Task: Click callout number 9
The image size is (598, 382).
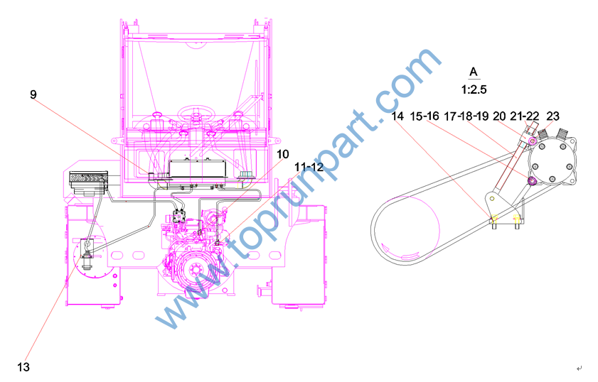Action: coord(33,94)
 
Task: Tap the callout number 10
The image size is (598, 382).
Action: coord(282,154)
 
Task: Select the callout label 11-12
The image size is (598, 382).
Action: coord(309,167)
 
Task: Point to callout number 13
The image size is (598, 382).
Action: coord(23,367)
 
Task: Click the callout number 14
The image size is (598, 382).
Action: coord(397,116)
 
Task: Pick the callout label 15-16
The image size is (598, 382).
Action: coord(425,116)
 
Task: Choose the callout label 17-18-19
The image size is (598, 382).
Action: coord(466,116)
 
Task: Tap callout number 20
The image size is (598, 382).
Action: coord(499,116)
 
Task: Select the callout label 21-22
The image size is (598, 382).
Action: coord(525,116)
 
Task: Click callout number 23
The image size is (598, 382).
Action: coord(552,116)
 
